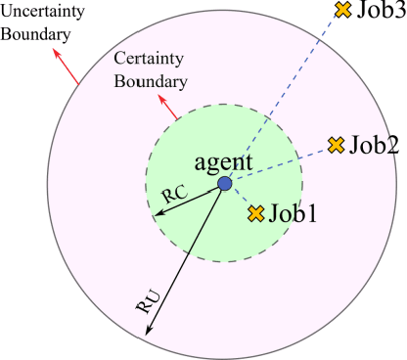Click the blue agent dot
pyautogui.click(x=224, y=183)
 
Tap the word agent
pyautogui.click(x=224, y=160)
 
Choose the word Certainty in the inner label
pyautogui.click(x=148, y=60)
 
